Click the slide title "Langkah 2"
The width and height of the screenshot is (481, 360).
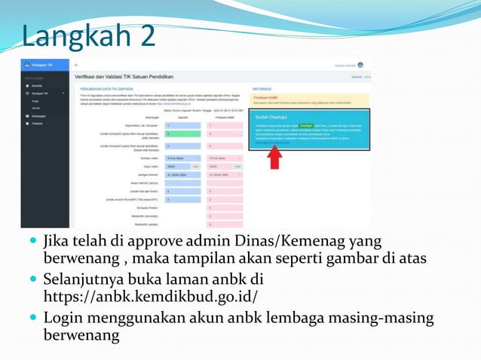(89, 35)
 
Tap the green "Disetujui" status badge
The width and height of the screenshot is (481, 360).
(306, 126)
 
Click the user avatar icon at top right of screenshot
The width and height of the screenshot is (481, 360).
(360, 66)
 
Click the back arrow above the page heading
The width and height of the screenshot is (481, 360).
(76, 66)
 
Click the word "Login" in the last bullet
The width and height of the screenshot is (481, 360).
(65, 318)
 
